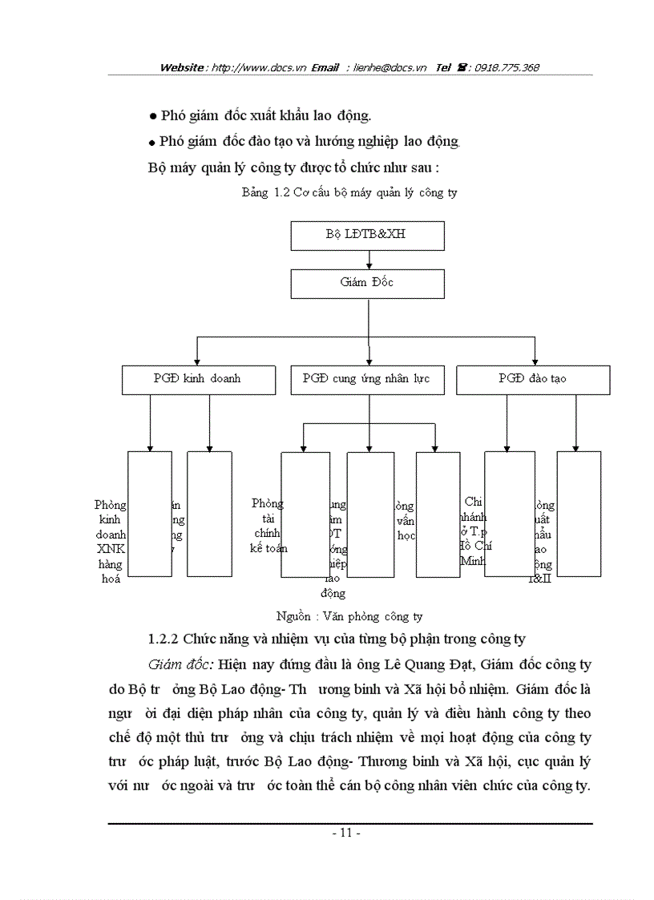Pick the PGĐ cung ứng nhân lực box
[365, 378]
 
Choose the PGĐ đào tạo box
[532, 378]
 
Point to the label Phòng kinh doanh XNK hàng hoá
[110, 542]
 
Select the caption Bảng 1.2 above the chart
[349, 193]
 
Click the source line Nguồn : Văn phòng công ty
[349, 616]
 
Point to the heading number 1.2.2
[164, 640]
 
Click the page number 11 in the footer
[346, 833]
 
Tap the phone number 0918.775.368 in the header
[507, 68]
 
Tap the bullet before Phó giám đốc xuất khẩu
[151, 118]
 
